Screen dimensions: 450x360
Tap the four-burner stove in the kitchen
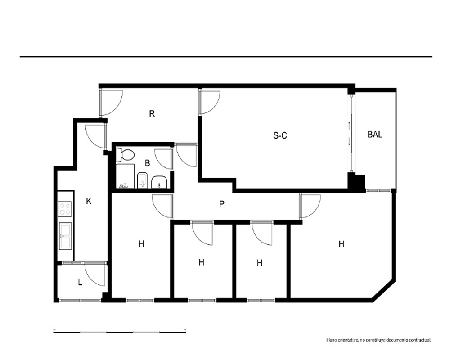pyautogui.click(x=65, y=209)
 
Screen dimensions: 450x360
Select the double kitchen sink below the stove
pyautogui.click(x=65, y=236)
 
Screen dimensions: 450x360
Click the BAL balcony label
pyautogui.click(x=375, y=135)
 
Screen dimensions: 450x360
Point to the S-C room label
pyautogui.click(x=280, y=135)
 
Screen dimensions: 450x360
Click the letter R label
pyautogui.click(x=152, y=114)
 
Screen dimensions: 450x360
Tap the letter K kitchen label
pyautogui.click(x=89, y=201)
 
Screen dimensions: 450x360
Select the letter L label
pyautogui.click(x=80, y=283)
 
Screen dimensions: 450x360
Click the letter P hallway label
pyautogui.click(x=221, y=204)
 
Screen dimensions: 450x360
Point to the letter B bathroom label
pyautogui.click(x=148, y=163)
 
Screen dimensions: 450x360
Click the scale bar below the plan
pyautogui.click(x=120, y=332)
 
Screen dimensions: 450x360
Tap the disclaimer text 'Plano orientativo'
pyautogui.click(x=342, y=340)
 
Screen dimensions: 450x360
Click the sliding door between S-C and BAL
pyautogui.click(x=351, y=134)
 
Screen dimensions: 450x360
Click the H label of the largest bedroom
pyautogui.click(x=341, y=244)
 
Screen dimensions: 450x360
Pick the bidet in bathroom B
pyautogui.click(x=142, y=180)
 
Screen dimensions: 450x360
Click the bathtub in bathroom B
pyautogui.click(x=125, y=176)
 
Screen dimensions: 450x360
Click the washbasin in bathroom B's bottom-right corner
pyautogui.click(x=159, y=182)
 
